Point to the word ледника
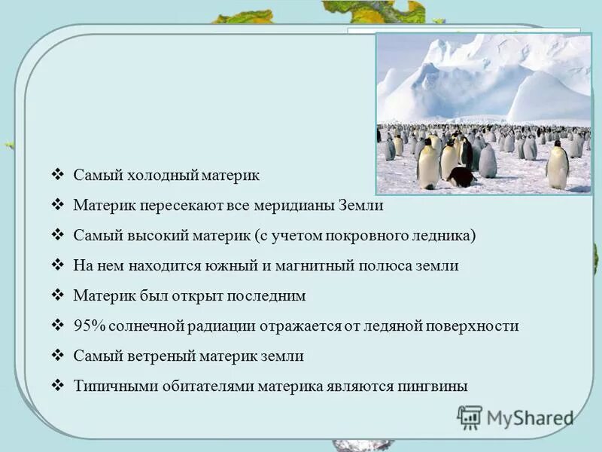click(x=448, y=235)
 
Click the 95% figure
click(x=89, y=325)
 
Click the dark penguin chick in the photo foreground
click(x=461, y=177)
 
